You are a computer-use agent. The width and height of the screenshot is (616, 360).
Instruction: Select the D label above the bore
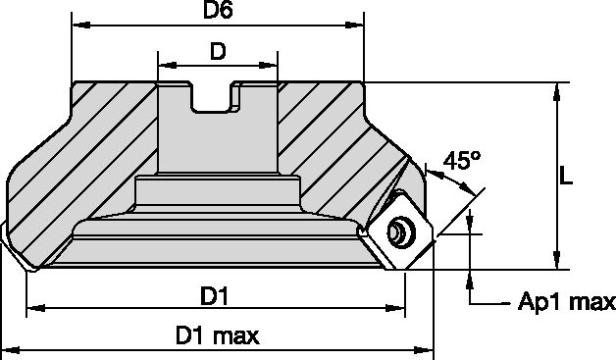pos(221,50)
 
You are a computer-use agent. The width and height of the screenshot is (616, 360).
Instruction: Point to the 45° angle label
pos(461,161)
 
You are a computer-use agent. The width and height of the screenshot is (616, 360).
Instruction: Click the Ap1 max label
pos(566,302)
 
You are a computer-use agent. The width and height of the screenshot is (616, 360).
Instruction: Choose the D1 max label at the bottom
pos(218,335)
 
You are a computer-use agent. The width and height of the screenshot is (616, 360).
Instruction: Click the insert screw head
pos(399,232)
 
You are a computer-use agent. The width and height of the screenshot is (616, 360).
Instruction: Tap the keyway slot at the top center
pos(216,97)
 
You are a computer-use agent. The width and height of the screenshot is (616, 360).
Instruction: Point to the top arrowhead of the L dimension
pos(557,89)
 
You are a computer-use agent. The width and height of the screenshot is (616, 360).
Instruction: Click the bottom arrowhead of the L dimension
pos(557,261)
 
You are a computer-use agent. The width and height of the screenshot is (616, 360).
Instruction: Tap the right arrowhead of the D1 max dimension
pos(428,349)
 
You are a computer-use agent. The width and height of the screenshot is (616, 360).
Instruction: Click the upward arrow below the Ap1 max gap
pos(473,279)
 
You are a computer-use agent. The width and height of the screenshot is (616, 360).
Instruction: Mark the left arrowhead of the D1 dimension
pos(32,309)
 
